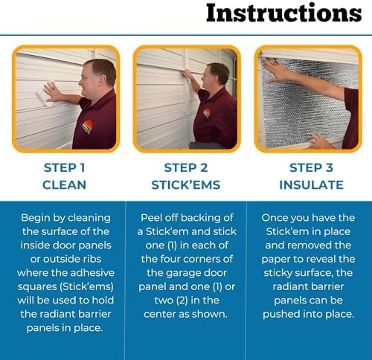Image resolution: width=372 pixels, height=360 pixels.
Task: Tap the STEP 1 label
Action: pyautogui.click(x=63, y=167)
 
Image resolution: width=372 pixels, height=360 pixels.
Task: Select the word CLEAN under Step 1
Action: pyautogui.click(x=63, y=184)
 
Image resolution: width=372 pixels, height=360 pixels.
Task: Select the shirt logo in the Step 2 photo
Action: pyautogui.click(x=206, y=113)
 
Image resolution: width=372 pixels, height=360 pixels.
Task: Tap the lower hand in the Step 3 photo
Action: pyautogui.click(x=319, y=139)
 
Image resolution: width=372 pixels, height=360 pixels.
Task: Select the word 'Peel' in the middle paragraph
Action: pyautogui.click(x=154, y=219)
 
